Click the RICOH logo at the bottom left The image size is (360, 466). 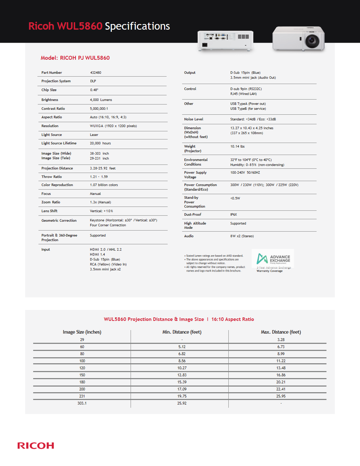coord(36,446)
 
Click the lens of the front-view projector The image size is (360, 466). coord(312,40)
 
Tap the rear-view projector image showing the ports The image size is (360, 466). coord(225,40)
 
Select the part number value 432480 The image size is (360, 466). coord(96,73)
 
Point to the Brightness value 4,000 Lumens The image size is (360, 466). coord(101,100)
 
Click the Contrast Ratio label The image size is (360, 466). coord(53,109)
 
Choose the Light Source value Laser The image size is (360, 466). coord(94,135)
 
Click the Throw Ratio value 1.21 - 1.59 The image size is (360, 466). coord(99,177)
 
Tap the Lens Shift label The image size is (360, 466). coord(49,211)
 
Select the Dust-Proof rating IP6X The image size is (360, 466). coord(234,215)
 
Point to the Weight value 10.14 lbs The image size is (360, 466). coord(238,147)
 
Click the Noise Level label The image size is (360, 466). coord(194,119)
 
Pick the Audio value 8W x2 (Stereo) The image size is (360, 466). coord(242,236)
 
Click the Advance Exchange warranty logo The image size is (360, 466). coord(273,259)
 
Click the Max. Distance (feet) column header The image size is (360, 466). coord(281,332)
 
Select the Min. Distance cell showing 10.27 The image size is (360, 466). coord(182,368)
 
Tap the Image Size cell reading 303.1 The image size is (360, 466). coord(82,403)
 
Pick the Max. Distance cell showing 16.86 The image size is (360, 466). coord(281,375)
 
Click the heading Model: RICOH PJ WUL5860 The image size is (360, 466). coord(75,58)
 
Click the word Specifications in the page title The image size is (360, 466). coord(137,26)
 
